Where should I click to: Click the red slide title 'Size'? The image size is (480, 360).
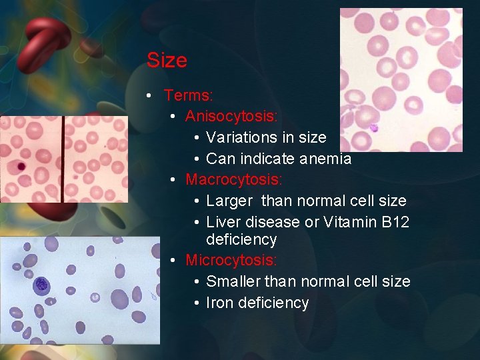coord(167,61)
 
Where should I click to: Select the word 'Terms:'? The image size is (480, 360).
coord(189,96)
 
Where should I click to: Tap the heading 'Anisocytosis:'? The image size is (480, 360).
coord(231,117)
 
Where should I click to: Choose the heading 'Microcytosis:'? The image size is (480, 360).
coord(231,260)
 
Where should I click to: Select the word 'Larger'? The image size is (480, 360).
coord(229,201)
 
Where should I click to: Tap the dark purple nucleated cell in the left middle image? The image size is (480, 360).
coord(21,166)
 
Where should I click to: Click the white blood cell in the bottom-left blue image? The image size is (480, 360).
coord(41,285)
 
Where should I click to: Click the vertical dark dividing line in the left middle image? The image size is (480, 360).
coord(63,159)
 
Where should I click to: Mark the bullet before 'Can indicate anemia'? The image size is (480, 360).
coord(198,159)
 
